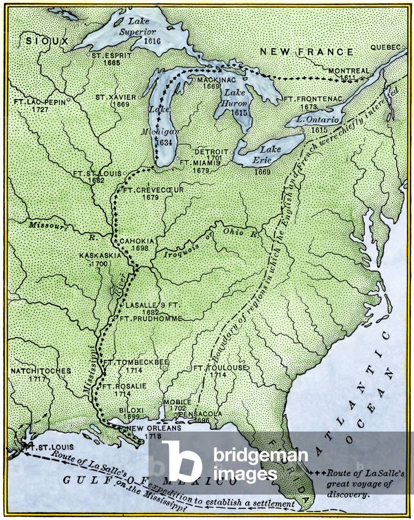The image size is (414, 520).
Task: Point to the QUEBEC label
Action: pyautogui.click(x=385, y=47)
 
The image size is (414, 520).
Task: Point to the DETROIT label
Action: pyautogui.click(x=211, y=152)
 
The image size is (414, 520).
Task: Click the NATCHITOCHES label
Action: pyautogui.click(x=41, y=371)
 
